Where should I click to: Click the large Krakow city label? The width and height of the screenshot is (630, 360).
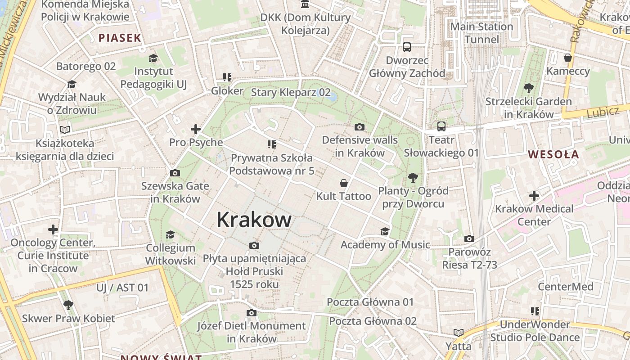pyautogui.click(x=254, y=220)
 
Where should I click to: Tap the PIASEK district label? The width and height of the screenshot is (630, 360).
pyautogui.click(x=120, y=38)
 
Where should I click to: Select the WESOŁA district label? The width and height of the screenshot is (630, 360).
pyautogui.click(x=553, y=154)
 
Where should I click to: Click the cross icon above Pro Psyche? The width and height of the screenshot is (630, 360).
pyautogui.click(x=195, y=130)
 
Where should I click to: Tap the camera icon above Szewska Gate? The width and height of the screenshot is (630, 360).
pyautogui.click(x=175, y=173)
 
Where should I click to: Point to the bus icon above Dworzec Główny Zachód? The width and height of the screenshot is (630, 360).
pyautogui.click(x=407, y=47)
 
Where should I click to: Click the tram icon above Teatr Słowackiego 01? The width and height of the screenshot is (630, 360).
pyautogui.click(x=441, y=126)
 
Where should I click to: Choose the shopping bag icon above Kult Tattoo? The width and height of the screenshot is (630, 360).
pyautogui.click(x=344, y=183)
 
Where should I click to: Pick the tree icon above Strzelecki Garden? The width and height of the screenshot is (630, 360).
pyautogui.click(x=528, y=88)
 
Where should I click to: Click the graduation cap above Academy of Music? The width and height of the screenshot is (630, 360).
pyautogui.click(x=385, y=231)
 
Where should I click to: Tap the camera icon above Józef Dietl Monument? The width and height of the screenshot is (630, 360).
pyautogui.click(x=252, y=313)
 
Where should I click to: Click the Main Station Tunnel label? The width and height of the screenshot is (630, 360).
pyautogui.click(x=481, y=33)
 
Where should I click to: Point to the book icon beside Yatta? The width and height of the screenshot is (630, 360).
pyautogui.click(x=458, y=333)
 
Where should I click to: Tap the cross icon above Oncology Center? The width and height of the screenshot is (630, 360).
pyautogui.click(x=53, y=229)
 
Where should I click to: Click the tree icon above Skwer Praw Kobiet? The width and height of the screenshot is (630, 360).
pyautogui.click(x=68, y=305)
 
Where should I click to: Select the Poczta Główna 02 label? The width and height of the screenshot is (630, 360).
pyautogui.click(x=373, y=321)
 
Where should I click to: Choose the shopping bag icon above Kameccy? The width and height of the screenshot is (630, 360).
pyautogui.click(x=568, y=58)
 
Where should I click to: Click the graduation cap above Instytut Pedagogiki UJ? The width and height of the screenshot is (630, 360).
pyautogui.click(x=153, y=58)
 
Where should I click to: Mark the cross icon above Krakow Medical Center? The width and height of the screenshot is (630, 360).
pyautogui.click(x=534, y=196)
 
